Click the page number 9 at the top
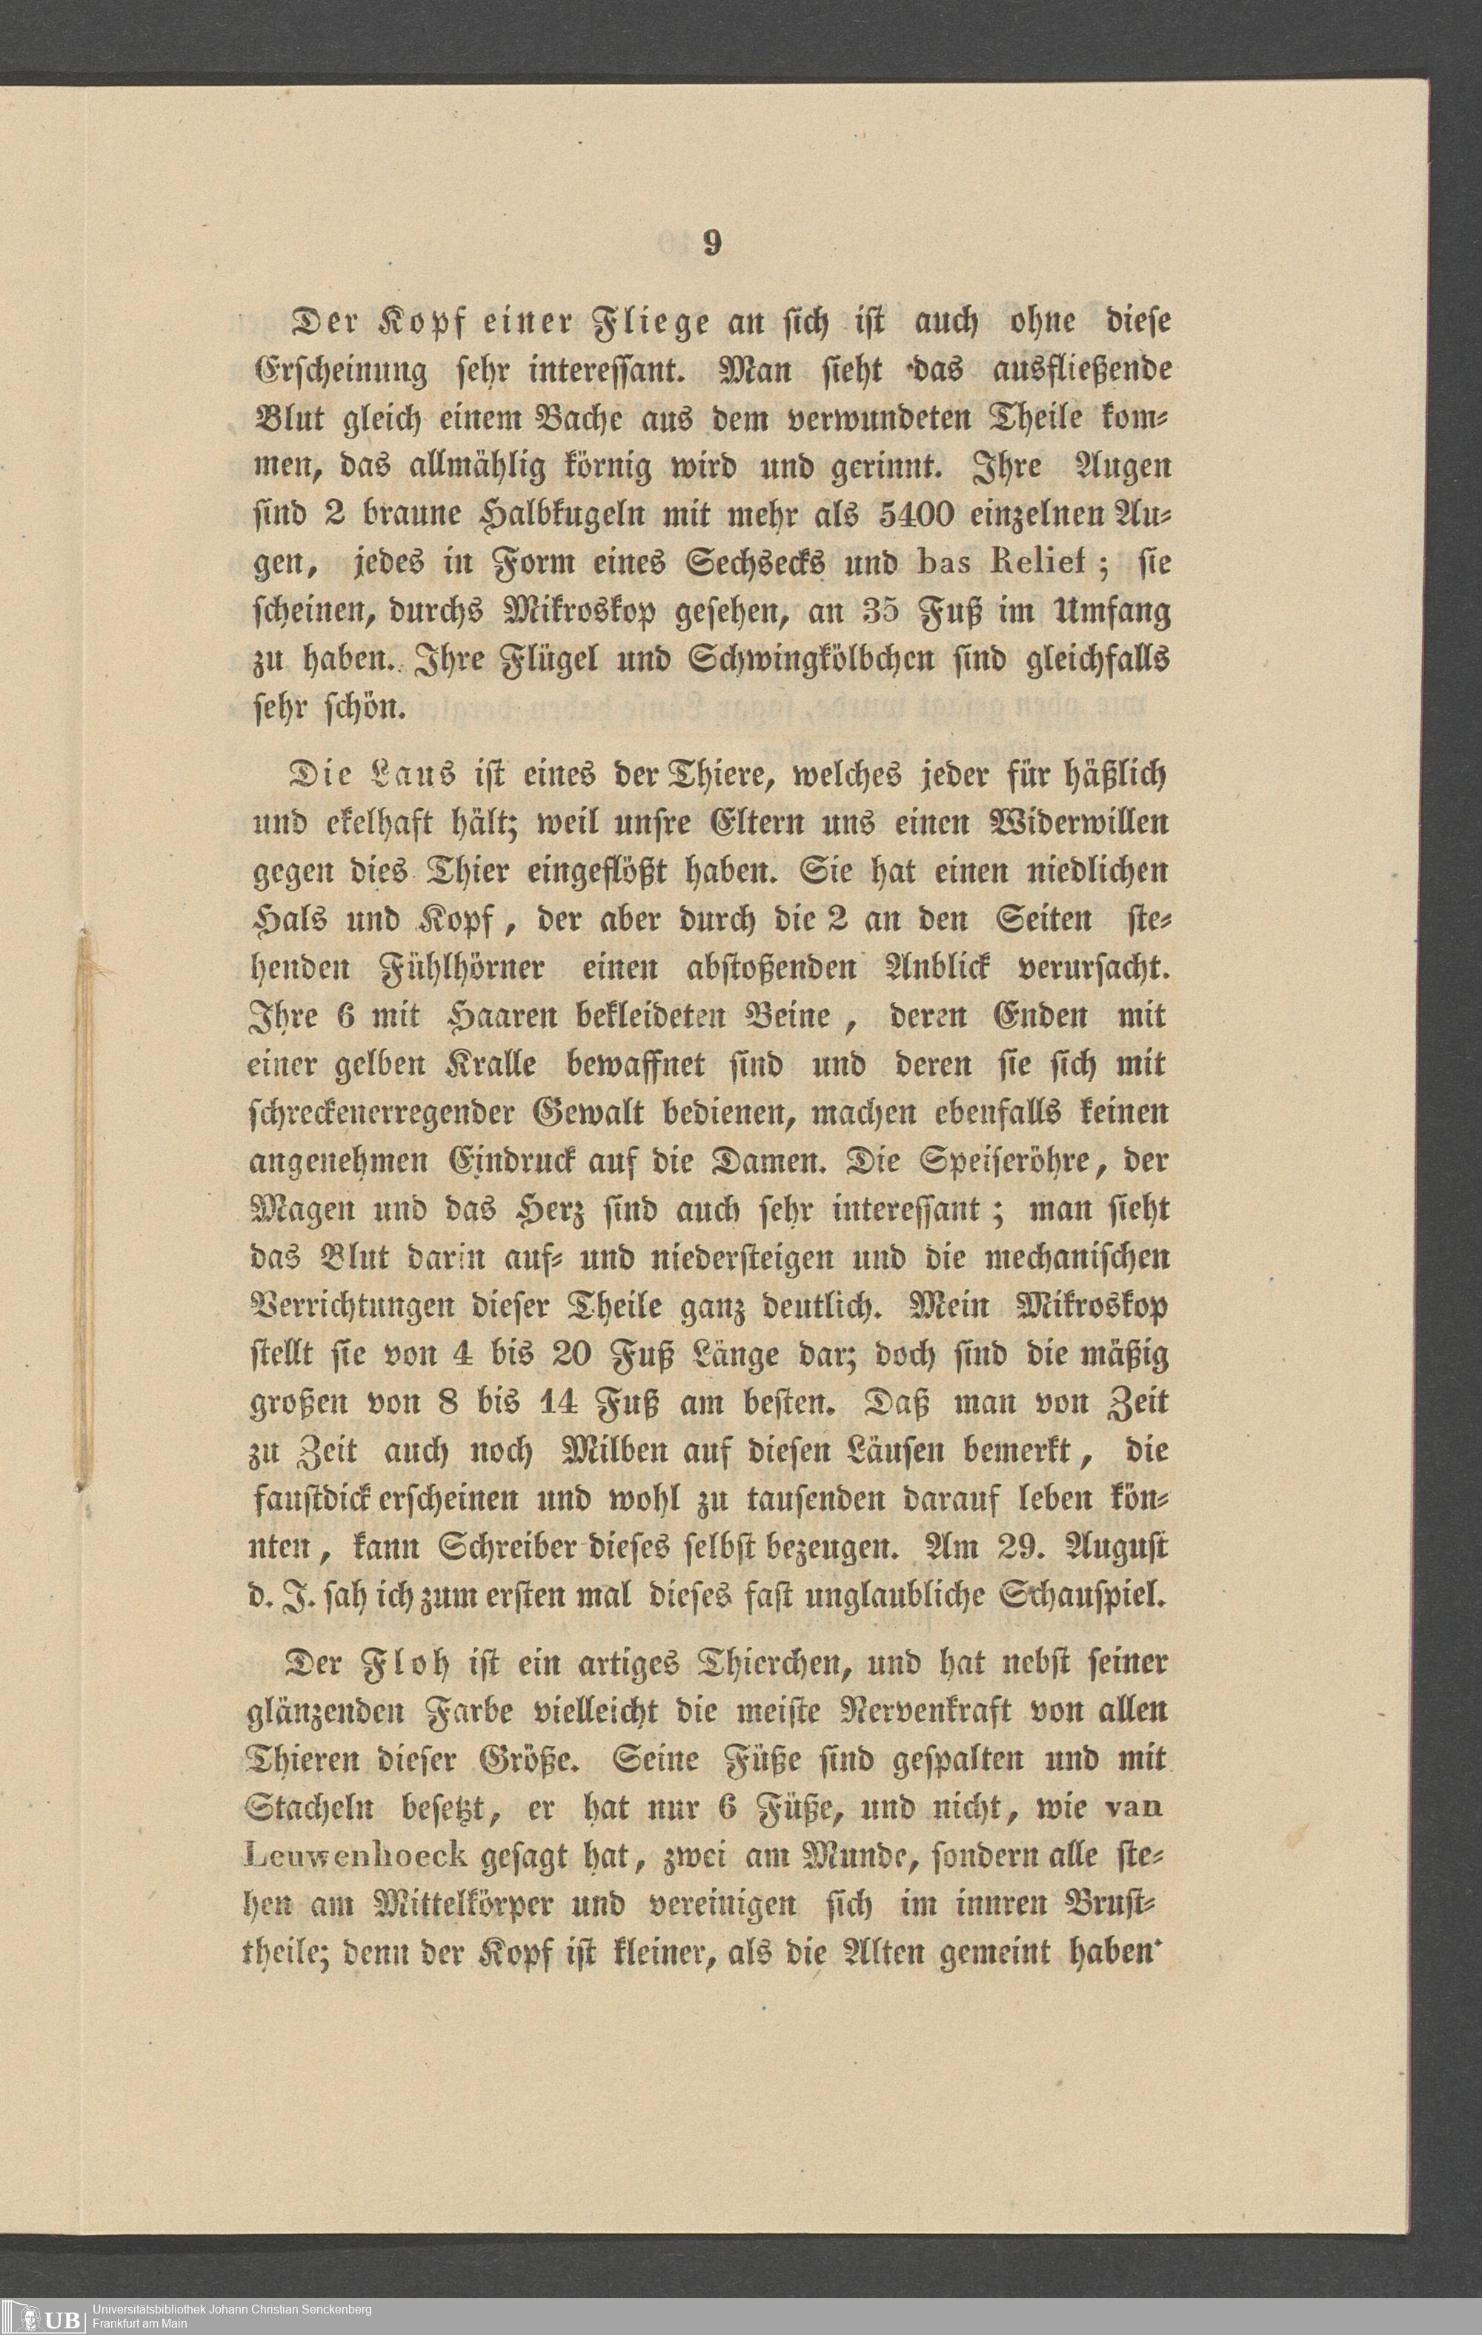(712, 243)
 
